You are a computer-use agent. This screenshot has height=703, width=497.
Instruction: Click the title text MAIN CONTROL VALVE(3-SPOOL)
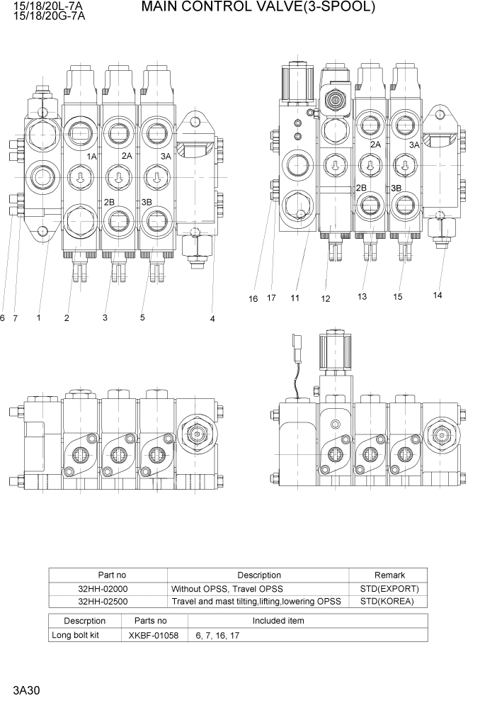[x=258, y=8]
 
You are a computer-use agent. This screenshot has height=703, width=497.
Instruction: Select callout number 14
[x=437, y=295]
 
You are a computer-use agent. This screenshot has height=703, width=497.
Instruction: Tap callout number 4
[x=212, y=319]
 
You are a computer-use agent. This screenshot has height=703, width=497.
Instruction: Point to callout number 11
[x=295, y=298]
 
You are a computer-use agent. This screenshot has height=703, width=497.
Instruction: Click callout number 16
[x=253, y=298]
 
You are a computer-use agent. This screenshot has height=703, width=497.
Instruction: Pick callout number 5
[x=142, y=317]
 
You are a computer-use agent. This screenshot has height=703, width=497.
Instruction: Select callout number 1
[x=38, y=318]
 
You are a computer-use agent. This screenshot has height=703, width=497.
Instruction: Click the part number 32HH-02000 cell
[x=108, y=589]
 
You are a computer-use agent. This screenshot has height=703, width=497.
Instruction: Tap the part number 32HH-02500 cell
[x=108, y=602]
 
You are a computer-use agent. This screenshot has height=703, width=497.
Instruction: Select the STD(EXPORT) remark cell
[x=389, y=589]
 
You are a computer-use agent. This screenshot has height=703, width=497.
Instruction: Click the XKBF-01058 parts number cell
[x=154, y=635]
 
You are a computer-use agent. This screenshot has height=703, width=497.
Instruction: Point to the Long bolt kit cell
[x=75, y=635]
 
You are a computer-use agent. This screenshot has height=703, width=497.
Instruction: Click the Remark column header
[x=389, y=575]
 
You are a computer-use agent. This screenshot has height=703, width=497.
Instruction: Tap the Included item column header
[x=278, y=621]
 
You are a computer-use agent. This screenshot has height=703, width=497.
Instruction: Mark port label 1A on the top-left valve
[x=91, y=156]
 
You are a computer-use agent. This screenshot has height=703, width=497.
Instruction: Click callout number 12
[x=326, y=299]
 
